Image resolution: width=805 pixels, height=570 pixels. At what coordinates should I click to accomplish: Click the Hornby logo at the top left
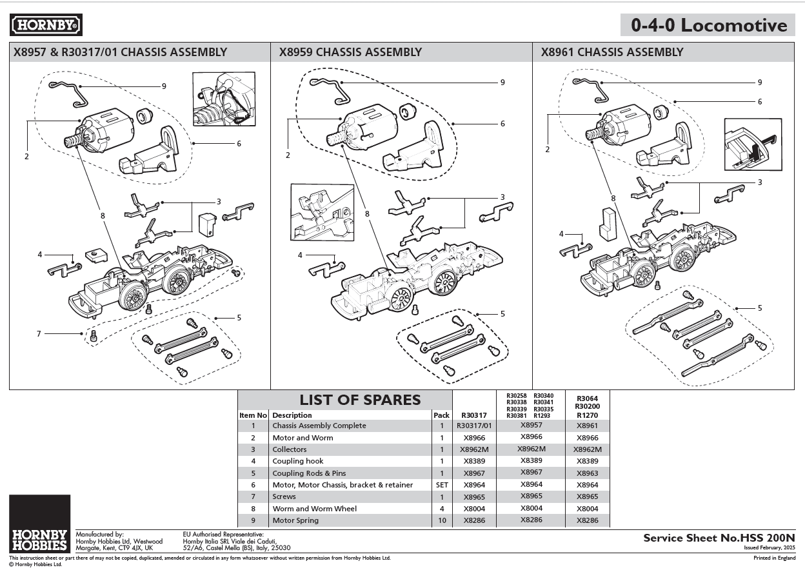tap(46, 25)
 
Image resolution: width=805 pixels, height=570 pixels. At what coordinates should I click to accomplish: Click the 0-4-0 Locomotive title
tap(709, 25)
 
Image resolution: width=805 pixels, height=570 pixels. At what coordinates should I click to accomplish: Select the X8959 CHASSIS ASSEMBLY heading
tap(350, 52)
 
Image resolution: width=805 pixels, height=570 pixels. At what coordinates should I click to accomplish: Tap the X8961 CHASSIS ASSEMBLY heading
tap(611, 52)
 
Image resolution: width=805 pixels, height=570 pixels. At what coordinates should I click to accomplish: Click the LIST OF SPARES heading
tap(351, 400)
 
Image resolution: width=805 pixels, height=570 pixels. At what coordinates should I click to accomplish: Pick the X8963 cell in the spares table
tap(587, 473)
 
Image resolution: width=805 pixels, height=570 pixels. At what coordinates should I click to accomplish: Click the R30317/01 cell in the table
tap(474, 426)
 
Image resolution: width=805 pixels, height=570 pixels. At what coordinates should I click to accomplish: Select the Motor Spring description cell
tap(295, 520)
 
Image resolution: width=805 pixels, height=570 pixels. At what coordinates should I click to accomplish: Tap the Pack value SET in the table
tap(442, 485)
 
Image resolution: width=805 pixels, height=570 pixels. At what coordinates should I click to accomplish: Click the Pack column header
tap(442, 415)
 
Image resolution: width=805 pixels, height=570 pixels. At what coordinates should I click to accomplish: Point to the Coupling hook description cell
tap(298, 461)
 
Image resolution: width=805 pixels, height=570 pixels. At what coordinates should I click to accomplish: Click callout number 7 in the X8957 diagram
tap(39, 334)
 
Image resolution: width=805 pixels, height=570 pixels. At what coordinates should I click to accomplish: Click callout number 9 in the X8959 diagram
tap(502, 83)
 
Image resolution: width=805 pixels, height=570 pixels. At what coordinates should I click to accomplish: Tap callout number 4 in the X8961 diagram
tap(561, 234)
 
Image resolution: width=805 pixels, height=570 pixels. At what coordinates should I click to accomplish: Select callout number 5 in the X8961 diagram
tap(760, 308)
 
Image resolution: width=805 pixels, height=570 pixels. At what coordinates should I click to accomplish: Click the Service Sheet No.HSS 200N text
tap(719, 538)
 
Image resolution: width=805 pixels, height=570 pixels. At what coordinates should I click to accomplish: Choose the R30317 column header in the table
tap(474, 415)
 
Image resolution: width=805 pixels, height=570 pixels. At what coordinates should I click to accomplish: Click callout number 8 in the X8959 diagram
tap(366, 213)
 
